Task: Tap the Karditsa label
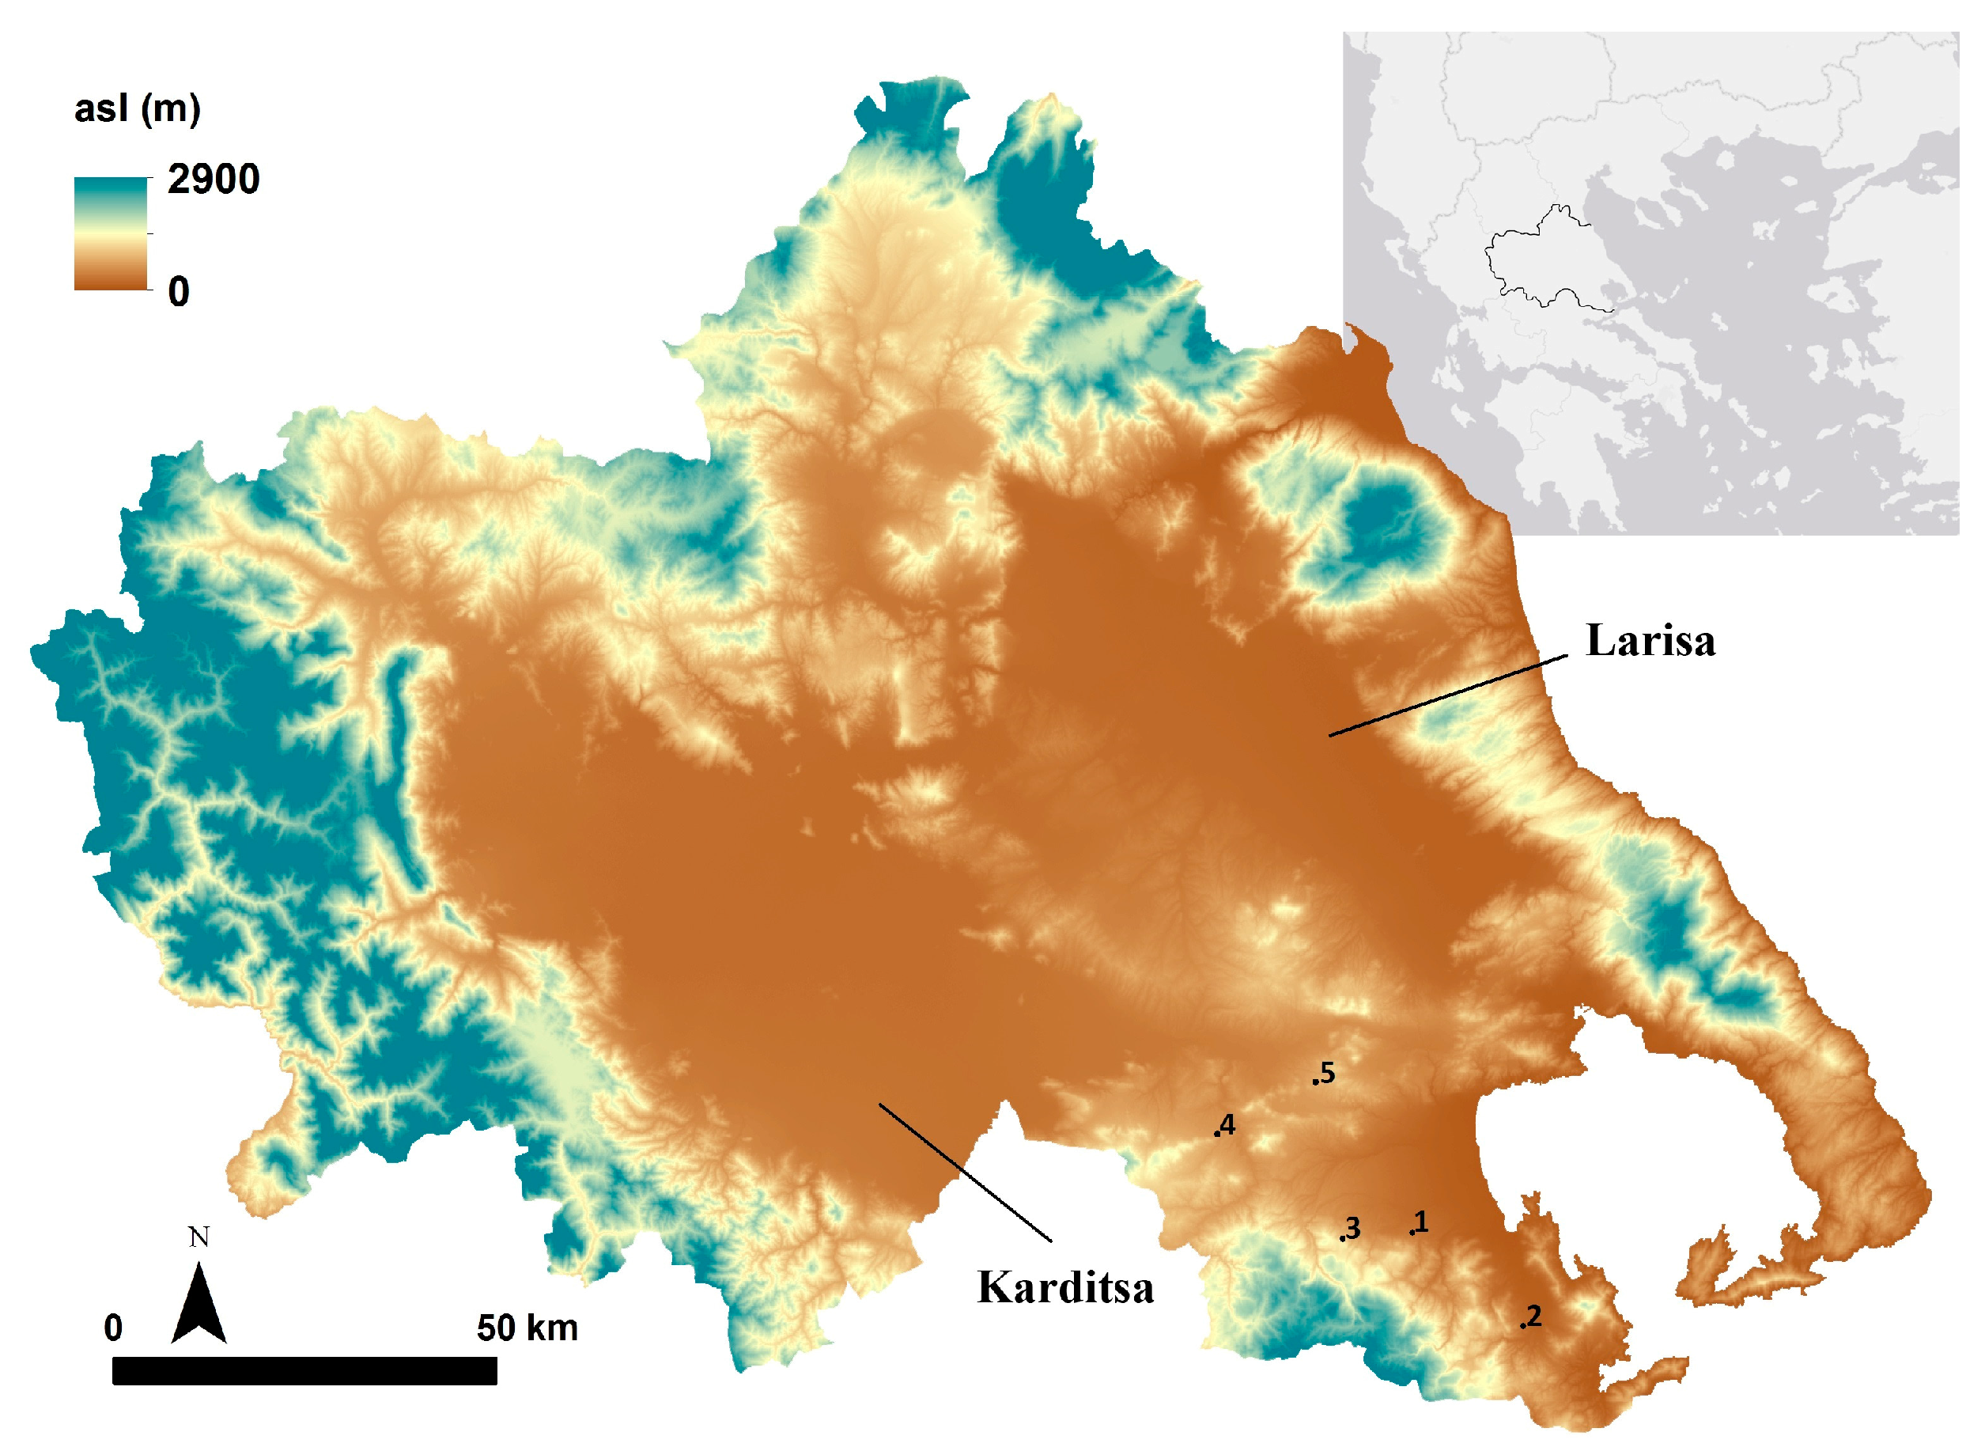(1065, 1288)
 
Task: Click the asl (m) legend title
(138, 109)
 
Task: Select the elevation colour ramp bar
(111, 233)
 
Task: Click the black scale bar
(304, 1370)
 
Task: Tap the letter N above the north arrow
(199, 1237)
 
